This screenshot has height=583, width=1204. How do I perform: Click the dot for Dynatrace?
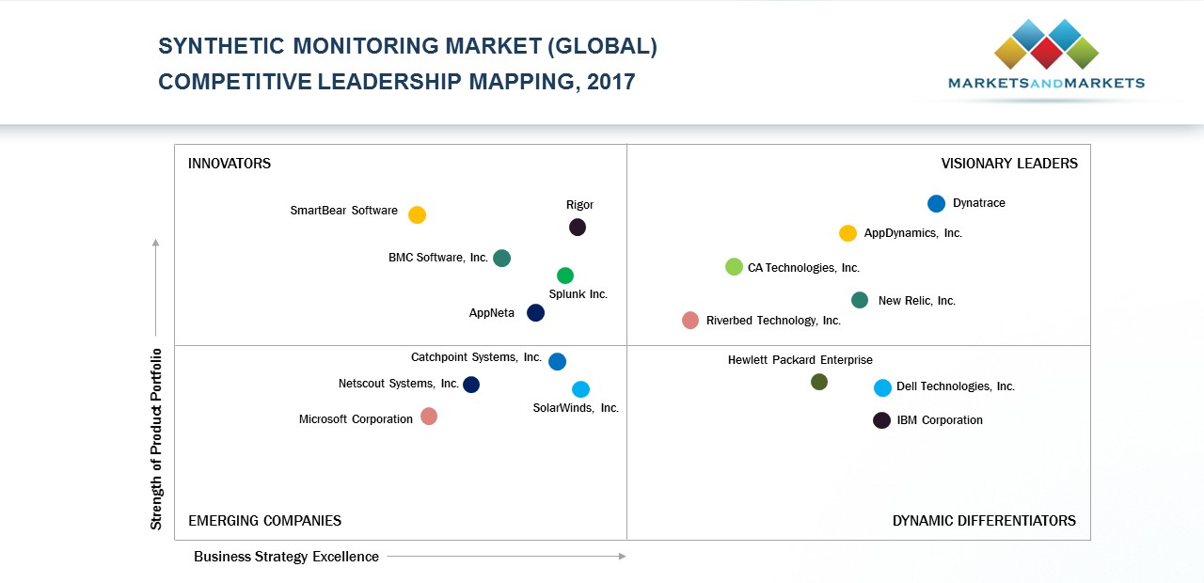(x=936, y=204)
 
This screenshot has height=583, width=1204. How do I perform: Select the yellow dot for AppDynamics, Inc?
(x=848, y=233)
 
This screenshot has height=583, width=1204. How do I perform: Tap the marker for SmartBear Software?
(x=417, y=215)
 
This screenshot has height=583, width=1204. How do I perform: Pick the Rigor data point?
(x=578, y=227)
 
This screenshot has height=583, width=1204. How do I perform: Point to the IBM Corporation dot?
(x=881, y=420)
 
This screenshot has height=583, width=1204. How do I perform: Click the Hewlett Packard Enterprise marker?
(x=819, y=382)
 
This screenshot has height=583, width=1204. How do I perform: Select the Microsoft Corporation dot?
(x=429, y=417)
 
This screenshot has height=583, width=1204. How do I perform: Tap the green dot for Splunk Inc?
(x=565, y=276)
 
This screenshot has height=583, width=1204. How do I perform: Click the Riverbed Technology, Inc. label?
(x=773, y=321)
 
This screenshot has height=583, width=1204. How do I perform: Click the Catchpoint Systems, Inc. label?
(x=476, y=357)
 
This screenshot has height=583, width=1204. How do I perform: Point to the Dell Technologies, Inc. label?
(x=955, y=386)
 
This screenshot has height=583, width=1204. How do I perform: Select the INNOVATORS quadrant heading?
(x=230, y=164)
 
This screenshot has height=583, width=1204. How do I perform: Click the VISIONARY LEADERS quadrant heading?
(x=1009, y=164)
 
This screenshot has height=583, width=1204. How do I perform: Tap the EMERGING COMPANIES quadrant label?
(x=264, y=521)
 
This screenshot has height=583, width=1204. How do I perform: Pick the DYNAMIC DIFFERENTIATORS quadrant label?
(x=984, y=521)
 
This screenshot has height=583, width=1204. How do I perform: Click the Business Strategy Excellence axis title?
(x=286, y=557)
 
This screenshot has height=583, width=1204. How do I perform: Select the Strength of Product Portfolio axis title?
(x=157, y=439)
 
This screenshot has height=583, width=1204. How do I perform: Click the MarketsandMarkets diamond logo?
(x=1046, y=43)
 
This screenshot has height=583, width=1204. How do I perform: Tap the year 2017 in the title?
(x=610, y=82)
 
